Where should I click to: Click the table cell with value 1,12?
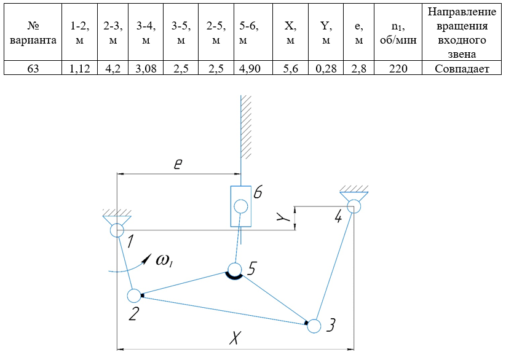click(81, 69)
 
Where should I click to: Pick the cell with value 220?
click(399, 69)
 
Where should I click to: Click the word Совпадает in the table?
click(462, 69)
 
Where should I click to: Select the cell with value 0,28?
click(326, 69)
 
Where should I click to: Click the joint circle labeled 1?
click(117, 230)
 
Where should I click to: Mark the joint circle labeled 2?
click(134, 295)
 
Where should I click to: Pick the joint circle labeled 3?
click(314, 326)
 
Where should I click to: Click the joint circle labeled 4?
click(354, 206)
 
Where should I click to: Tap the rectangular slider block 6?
click(240, 206)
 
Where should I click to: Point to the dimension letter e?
click(178, 164)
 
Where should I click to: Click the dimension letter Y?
click(282, 218)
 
